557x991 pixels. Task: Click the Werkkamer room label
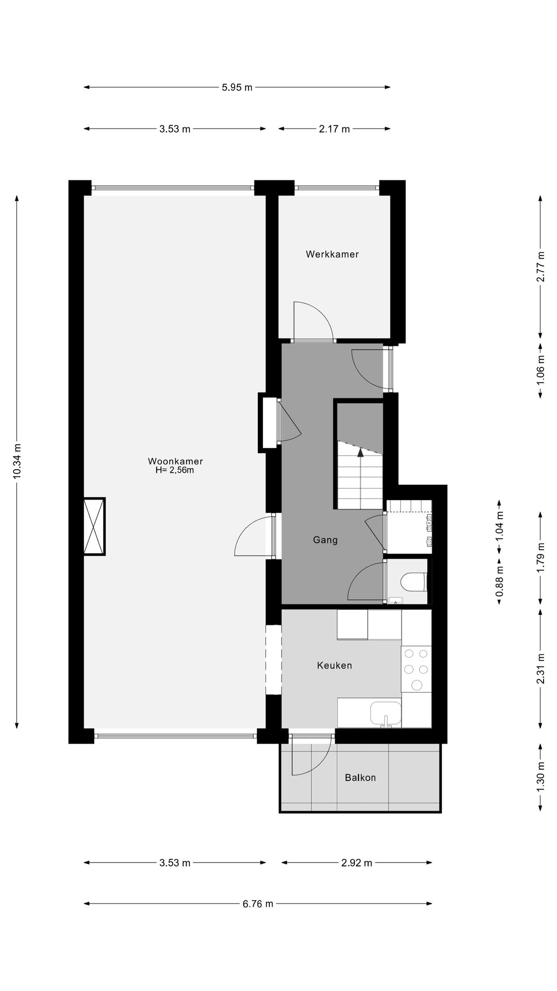click(x=332, y=254)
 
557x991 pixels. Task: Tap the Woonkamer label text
click(x=175, y=461)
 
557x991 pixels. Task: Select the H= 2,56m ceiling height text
click(x=174, y=470)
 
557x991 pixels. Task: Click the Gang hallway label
click(x=325, y=540)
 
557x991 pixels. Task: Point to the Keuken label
click(x=334, y=665)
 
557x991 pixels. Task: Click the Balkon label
click(x=360, y=777)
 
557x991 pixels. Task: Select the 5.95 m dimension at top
click(x=237, y=87)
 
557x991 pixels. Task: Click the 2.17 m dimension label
click(x=334, y=129)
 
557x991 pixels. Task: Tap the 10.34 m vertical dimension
click(x=18, y=461)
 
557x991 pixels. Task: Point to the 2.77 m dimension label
click(x=540, y=266)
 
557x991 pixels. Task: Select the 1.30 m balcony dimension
click(x=540, y=777)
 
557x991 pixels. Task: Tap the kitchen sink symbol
click(x=385, y=714)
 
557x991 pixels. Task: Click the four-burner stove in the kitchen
click(x=416, y=669)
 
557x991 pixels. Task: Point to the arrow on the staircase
click(x=360, y=453)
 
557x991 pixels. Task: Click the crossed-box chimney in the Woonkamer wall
click(x=94, y=526)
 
